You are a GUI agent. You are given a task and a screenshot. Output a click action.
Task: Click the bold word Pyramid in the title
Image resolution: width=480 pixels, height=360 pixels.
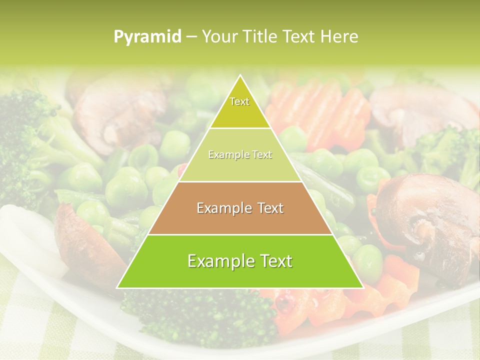click(147, 36)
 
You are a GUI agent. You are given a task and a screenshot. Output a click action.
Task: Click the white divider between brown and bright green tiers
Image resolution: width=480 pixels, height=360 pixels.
click(240, 234)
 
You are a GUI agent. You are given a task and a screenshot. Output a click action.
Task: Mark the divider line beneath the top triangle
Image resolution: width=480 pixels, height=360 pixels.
click(240, 128)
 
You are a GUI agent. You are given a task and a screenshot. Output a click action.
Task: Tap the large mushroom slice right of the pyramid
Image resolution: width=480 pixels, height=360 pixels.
click(425, 220)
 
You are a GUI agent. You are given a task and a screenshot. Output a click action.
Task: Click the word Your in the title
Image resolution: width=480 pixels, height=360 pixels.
click(218, 36)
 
